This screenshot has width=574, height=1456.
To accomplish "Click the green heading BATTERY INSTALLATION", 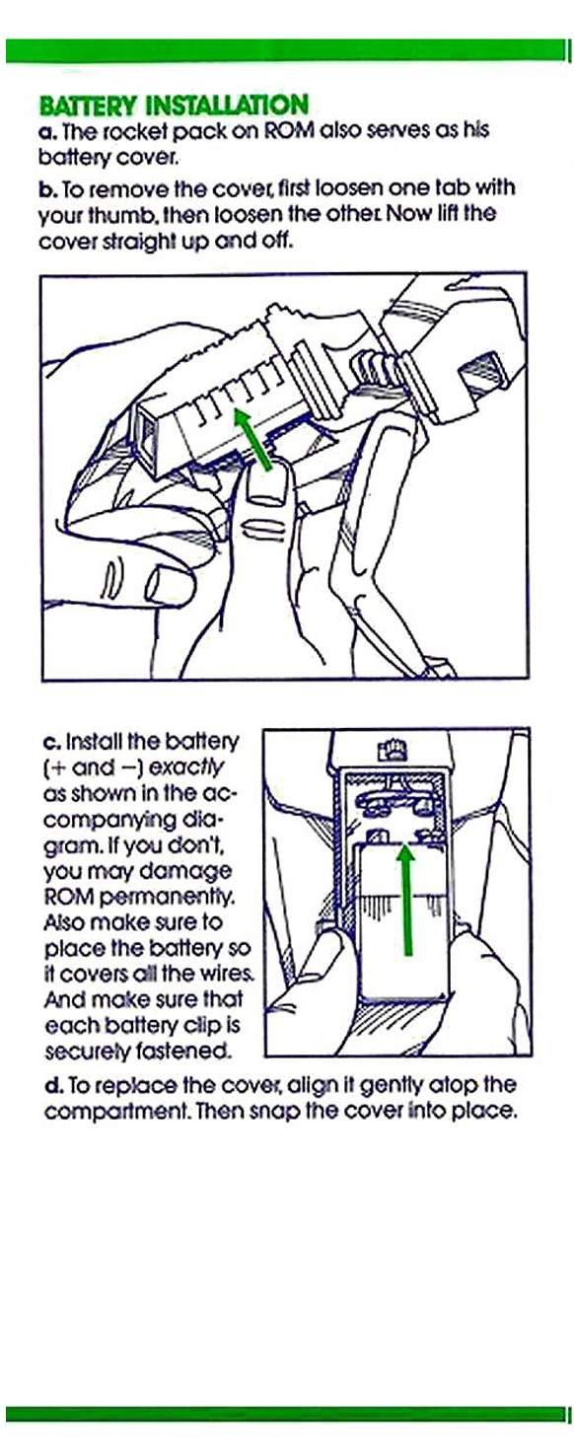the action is [x=175, y=106].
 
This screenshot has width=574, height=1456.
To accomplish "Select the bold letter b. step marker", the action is [x=48, y=188].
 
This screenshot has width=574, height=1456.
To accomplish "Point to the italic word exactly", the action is [x=187, y=767].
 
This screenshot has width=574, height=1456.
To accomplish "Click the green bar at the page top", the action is [x=285, y=50].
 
